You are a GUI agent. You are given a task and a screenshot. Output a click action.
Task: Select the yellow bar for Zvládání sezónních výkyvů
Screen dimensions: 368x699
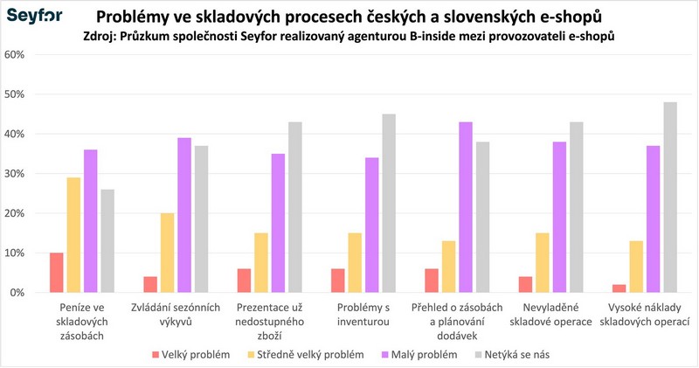coord(168,253)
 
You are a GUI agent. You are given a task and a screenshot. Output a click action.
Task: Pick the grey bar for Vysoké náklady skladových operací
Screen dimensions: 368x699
coord(670,198)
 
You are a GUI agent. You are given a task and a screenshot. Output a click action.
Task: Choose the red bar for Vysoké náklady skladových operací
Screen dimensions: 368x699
coord(619,288)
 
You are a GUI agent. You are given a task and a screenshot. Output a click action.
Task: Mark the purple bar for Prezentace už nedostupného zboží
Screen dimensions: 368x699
coord(279,223)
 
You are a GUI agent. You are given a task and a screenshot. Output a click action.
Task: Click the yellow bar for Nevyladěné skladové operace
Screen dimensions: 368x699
coord(543,262)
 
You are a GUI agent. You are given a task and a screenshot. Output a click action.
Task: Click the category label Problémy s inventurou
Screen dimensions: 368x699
coord(363,315)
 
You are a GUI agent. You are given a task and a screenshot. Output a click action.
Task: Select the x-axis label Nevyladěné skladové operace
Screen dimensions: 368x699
coord(556,315)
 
